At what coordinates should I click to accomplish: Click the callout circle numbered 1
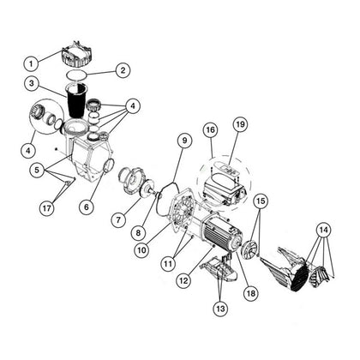coord(31,63)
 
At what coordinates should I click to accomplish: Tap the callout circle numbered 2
coord(123,70)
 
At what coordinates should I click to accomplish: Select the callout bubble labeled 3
coord(32,84)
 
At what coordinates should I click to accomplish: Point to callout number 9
coord(184,141)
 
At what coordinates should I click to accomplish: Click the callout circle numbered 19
coord(241,124)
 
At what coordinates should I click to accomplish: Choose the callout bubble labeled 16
coord(210,130)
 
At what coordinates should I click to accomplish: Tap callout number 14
coord(324,230)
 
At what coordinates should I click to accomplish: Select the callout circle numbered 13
coord(220,309)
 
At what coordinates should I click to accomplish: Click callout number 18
coord(251,293)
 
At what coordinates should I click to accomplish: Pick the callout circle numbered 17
coord(46,208)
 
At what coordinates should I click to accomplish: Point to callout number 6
coord(87,207)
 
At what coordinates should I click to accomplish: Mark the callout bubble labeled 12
coord(184,280)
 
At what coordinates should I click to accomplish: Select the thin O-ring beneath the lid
coord(76,75)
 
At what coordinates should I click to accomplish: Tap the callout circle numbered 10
coord(142,250)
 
